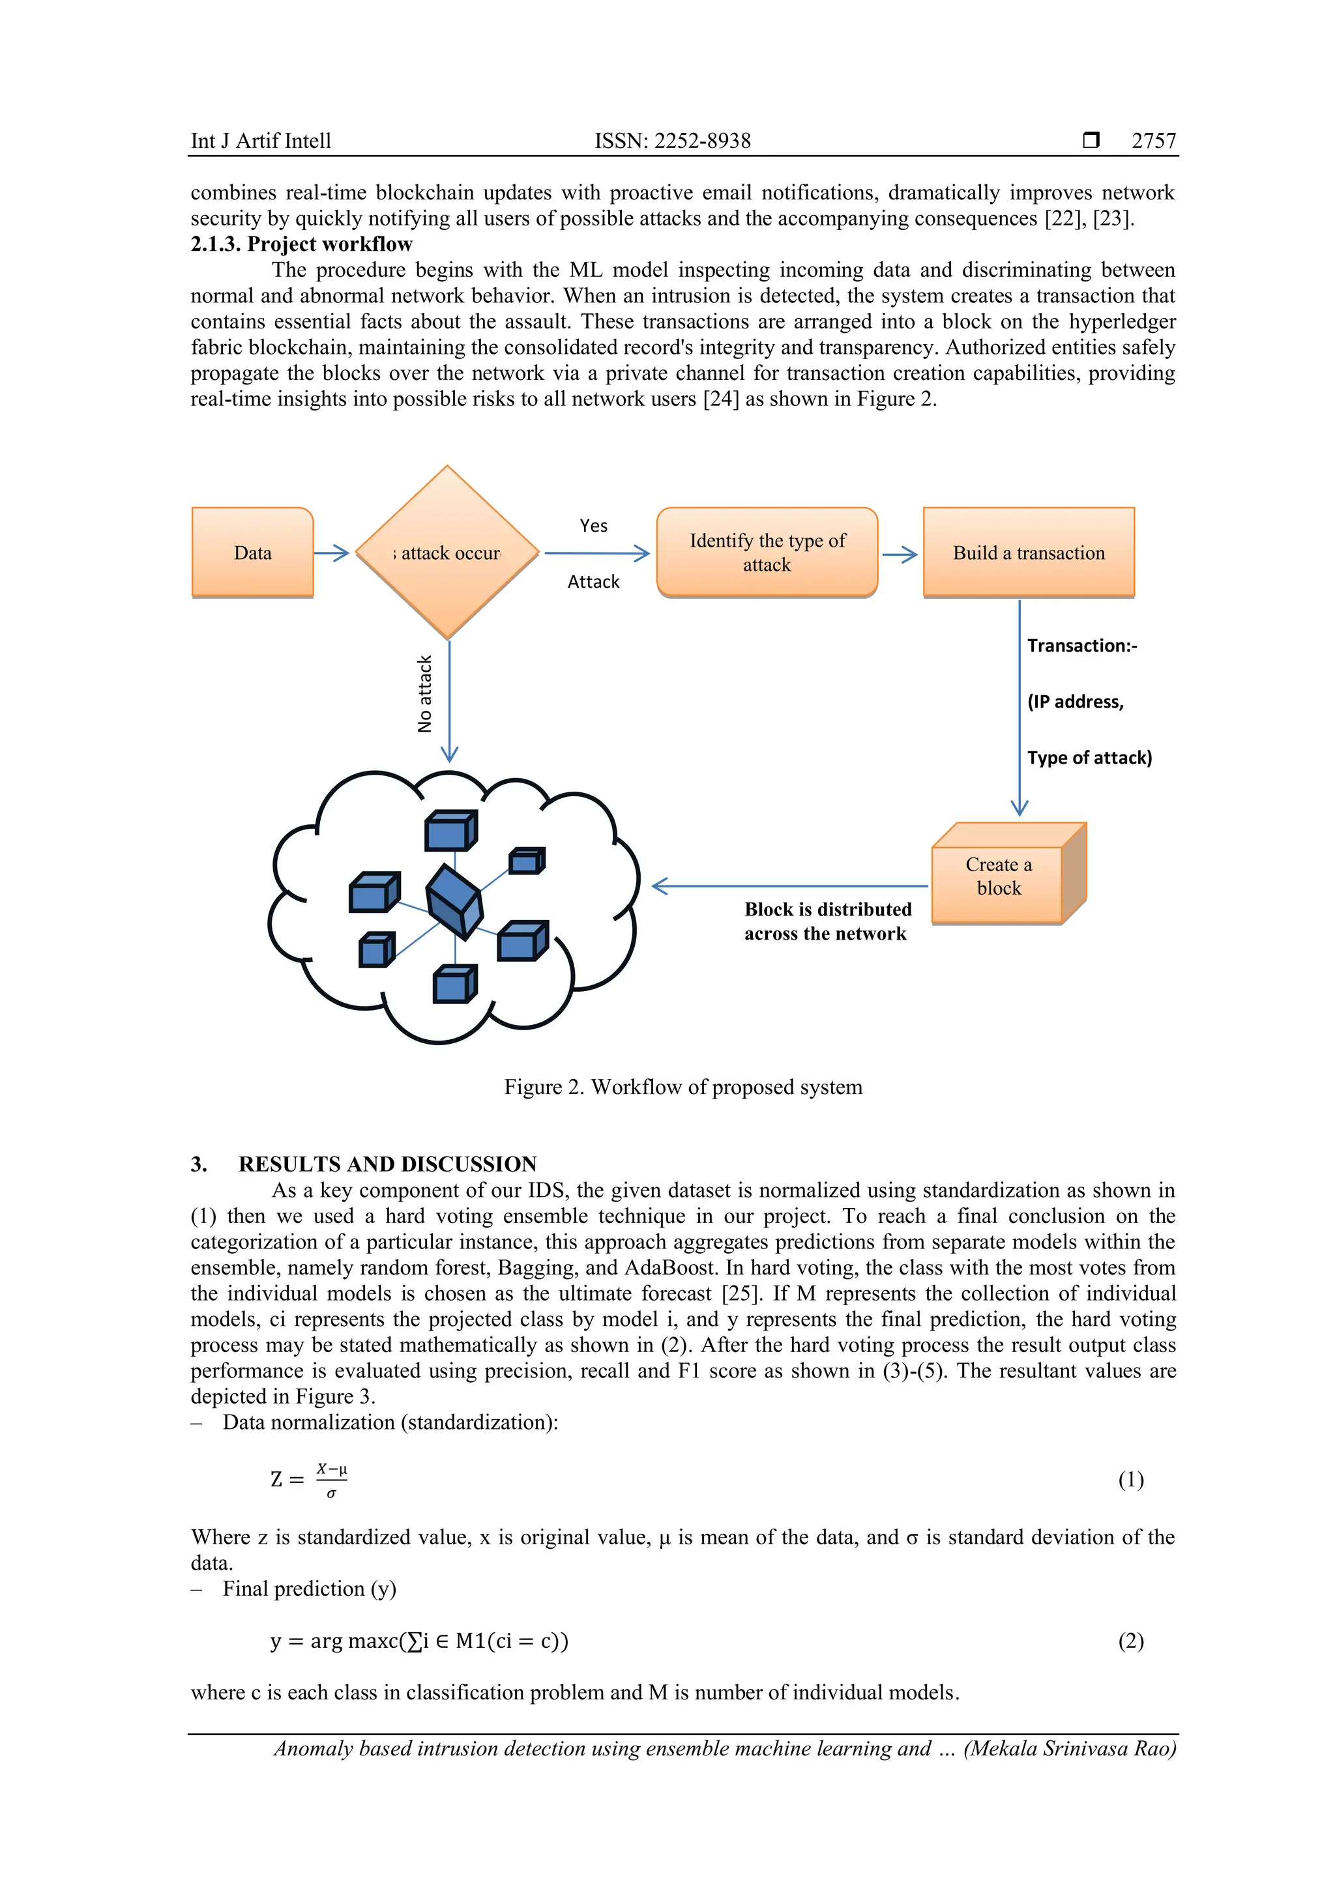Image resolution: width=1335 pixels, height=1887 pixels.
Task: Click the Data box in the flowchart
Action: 252,553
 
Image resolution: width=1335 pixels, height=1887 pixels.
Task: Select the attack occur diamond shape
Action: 447,553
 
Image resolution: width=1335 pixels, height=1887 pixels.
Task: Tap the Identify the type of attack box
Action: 767,553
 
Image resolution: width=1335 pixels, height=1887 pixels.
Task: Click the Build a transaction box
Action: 1029,553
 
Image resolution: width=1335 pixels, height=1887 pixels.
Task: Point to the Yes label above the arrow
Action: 594,526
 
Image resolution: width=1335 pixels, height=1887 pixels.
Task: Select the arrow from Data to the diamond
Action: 332,553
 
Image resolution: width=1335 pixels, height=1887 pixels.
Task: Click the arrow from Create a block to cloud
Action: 789,886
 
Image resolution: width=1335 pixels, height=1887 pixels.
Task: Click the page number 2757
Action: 1153,141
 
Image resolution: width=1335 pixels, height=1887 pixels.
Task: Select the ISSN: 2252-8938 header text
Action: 673,141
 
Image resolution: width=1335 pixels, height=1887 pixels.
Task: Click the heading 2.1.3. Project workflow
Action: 302,244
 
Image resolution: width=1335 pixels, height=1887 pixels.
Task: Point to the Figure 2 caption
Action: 683,1086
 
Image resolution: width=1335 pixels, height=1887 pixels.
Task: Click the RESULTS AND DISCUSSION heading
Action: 387,1164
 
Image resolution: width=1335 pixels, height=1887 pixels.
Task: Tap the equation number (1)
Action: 1130,1479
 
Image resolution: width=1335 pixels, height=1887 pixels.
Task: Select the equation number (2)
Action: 1130,1641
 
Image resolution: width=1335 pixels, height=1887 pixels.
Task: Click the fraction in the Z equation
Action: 331,1479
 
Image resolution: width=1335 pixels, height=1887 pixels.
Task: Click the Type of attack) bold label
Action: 1089,758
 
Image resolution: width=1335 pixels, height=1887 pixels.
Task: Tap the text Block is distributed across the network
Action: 827,921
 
